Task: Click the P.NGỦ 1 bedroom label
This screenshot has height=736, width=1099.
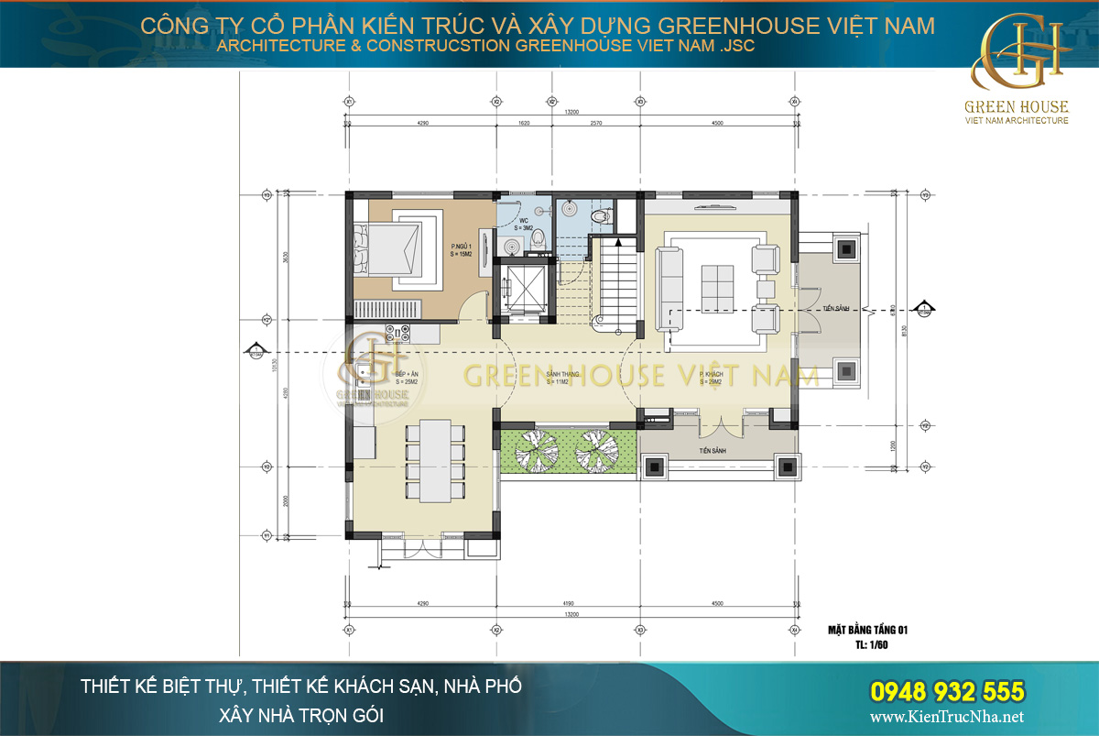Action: (461, 250)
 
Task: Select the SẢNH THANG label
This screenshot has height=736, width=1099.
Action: (560, 379)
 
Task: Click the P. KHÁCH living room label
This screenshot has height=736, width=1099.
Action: (713, 379)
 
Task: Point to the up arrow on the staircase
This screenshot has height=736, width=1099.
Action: (619, 243)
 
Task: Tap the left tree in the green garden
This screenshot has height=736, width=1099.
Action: (534, 449)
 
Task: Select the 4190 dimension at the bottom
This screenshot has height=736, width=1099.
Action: (568, 604)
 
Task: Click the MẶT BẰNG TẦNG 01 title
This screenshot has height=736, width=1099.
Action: (865, 630)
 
